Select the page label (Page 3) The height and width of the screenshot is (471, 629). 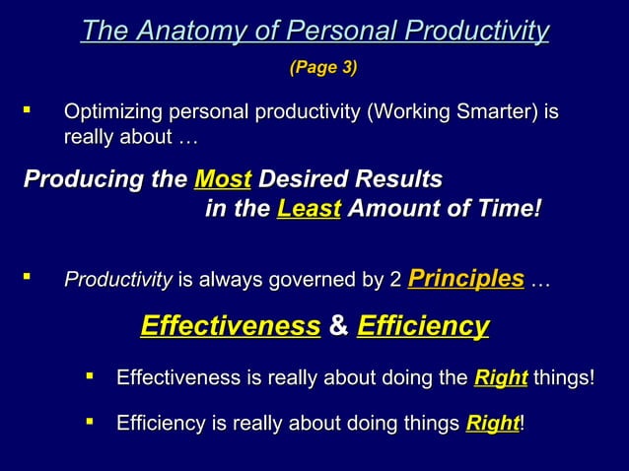(x=322, y=68)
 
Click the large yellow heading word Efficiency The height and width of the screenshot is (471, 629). (x=423, y=326)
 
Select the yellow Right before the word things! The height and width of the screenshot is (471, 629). (x=501, y=378)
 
